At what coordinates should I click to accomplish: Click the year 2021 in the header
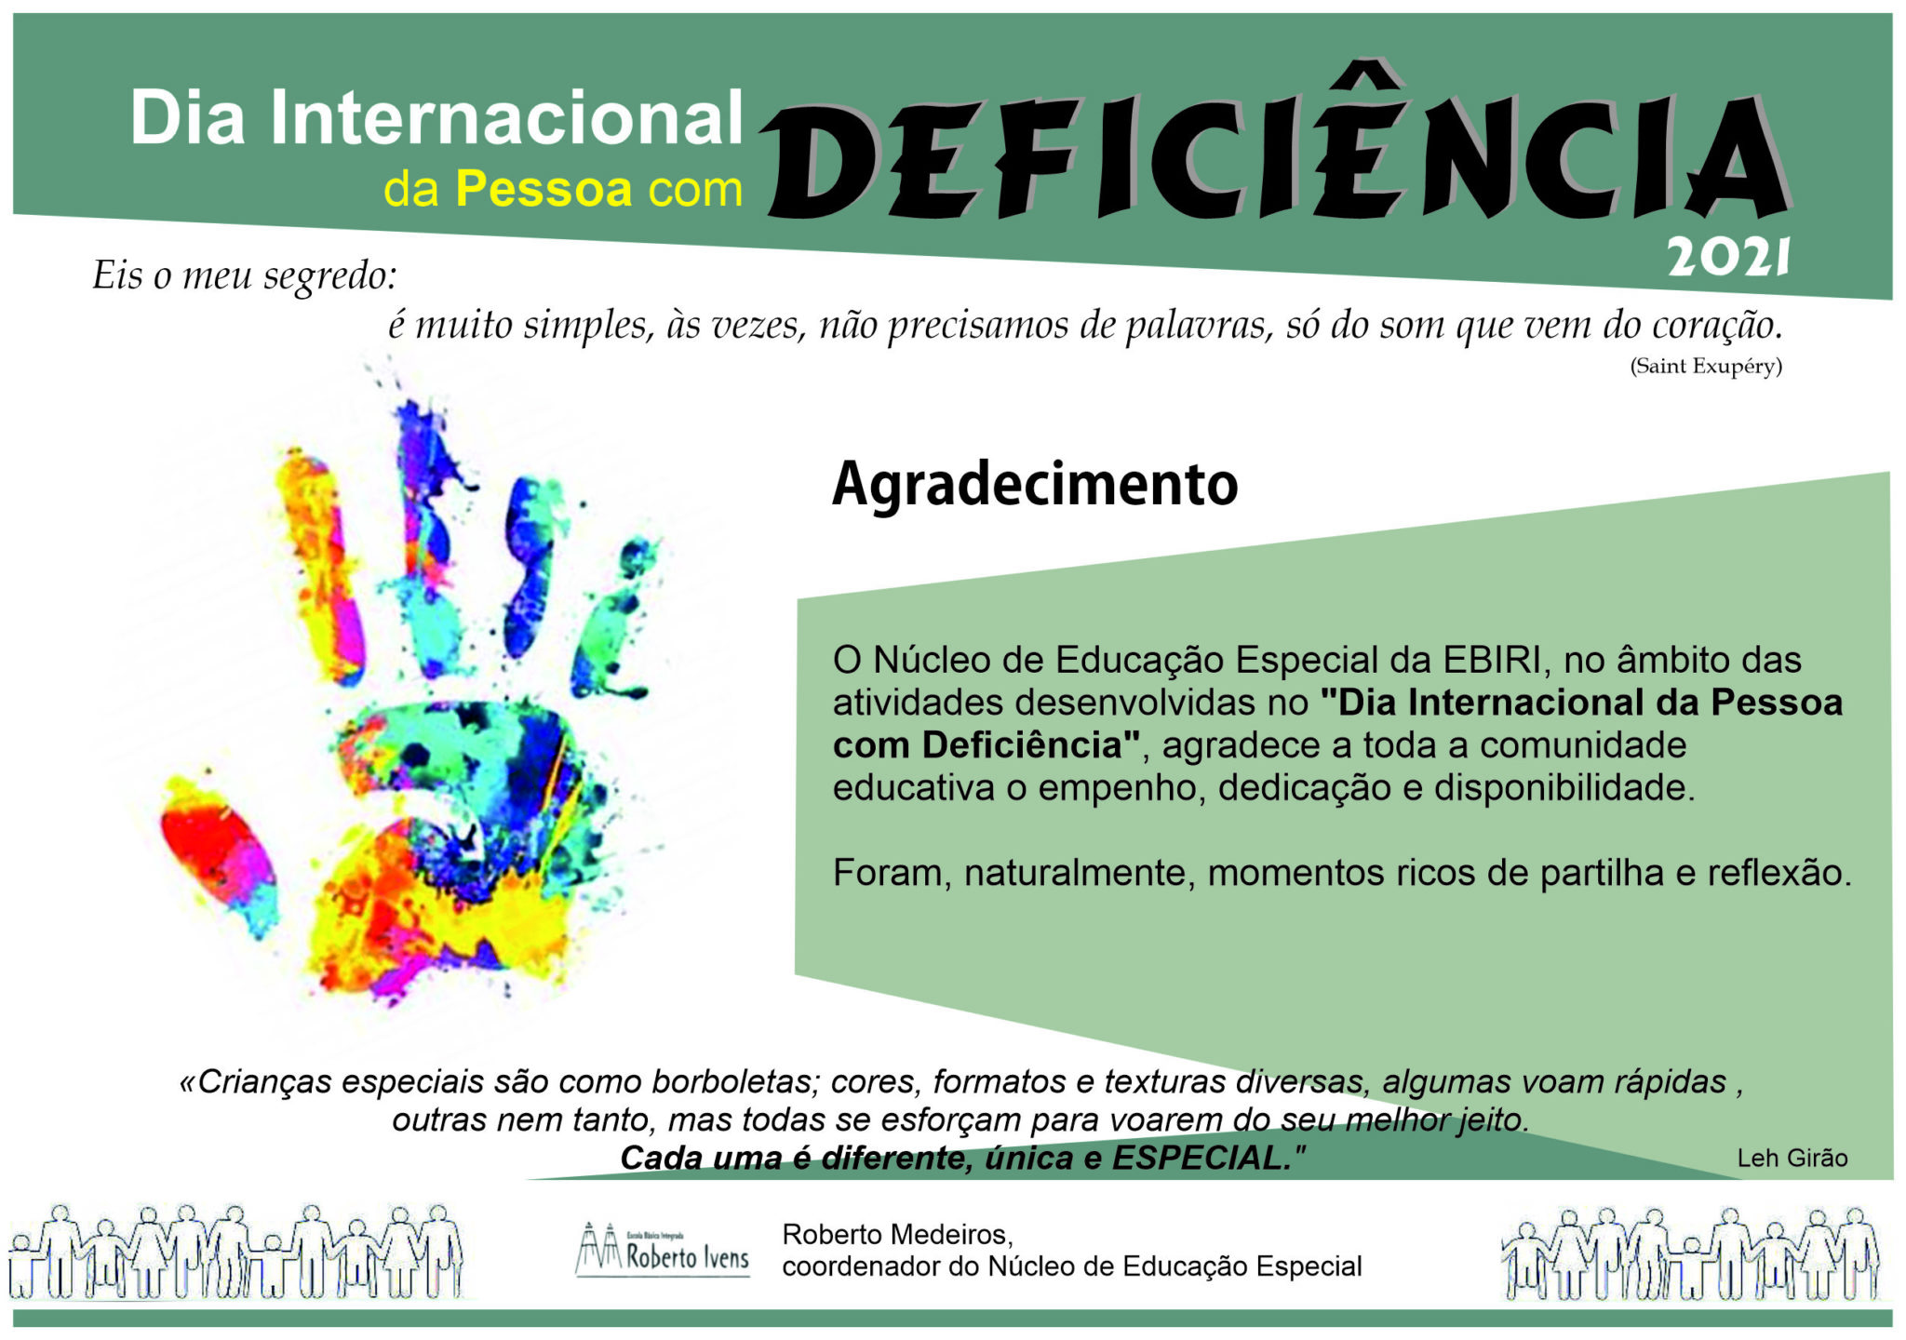pos(1728,257)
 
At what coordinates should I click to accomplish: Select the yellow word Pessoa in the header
pos(544,189)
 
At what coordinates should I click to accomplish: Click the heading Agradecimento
pos(1035,484)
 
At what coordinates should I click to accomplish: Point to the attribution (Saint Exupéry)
pos(1706,366)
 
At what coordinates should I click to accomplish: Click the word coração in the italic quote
pos(1717,326)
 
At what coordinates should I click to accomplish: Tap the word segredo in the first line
pos(330,276)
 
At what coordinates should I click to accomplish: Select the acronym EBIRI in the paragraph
pos(1491,660)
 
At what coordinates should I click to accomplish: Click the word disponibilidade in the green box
pos(1564,787)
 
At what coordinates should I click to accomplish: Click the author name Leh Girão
pos(1792,1158)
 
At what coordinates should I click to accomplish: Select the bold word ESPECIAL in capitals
pos(1203,1158)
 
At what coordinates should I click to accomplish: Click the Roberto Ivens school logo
pos(663,1249)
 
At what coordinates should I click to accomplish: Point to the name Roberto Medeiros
pos(897,1234)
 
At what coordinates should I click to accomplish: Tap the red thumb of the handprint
pos(219,856)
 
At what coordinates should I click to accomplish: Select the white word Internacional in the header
pos(506,118)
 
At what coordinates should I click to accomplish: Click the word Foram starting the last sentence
pos(892,873)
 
